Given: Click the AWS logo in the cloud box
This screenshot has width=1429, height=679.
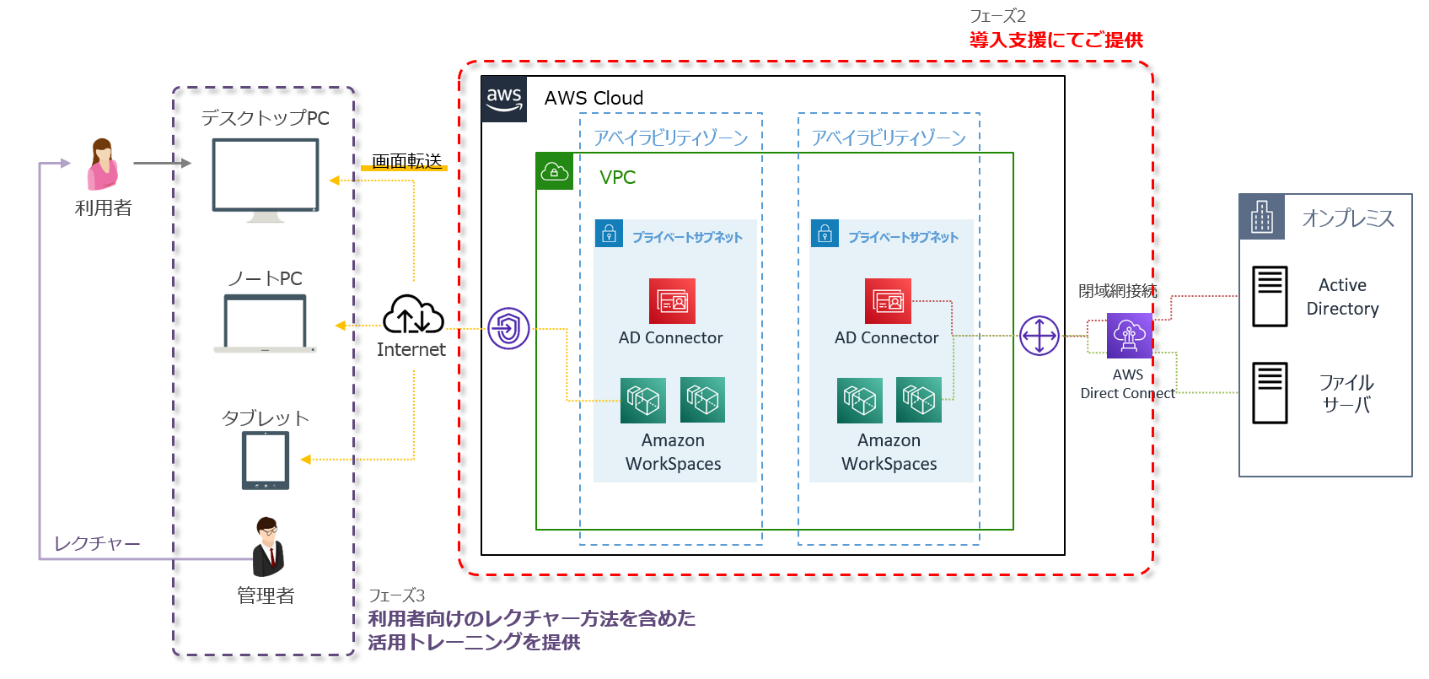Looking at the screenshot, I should point(504,100).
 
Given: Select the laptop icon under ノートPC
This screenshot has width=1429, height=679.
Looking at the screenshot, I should point(266,324).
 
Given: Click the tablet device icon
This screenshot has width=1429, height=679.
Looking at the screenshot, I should point(266,461).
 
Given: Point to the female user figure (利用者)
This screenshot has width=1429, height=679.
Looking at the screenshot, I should point(103,164).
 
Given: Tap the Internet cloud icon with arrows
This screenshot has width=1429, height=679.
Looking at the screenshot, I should point(413,315).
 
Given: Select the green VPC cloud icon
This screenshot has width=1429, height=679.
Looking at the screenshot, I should point(555,171).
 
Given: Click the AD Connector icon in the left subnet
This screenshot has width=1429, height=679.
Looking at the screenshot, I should point(672,301).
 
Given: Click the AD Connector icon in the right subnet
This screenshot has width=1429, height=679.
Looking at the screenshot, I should point(888,301).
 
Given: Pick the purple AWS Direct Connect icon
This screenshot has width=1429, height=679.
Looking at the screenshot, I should point(1129,336).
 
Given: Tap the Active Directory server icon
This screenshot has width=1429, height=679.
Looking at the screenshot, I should point(1270,296).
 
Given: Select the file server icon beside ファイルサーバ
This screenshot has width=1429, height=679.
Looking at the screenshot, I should point(1270,392).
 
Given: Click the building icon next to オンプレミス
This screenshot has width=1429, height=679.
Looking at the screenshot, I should point(1262,217).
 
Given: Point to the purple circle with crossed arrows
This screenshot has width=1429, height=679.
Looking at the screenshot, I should point(1040,336).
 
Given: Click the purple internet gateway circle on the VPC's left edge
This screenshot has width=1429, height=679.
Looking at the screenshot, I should point(508,328).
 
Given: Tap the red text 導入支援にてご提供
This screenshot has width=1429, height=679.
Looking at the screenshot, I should point(1056,40).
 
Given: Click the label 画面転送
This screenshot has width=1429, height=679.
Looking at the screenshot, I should point(406,160).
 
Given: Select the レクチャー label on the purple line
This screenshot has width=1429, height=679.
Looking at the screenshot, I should point(97,543).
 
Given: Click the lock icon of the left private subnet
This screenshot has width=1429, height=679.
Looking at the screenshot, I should point(609,234).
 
